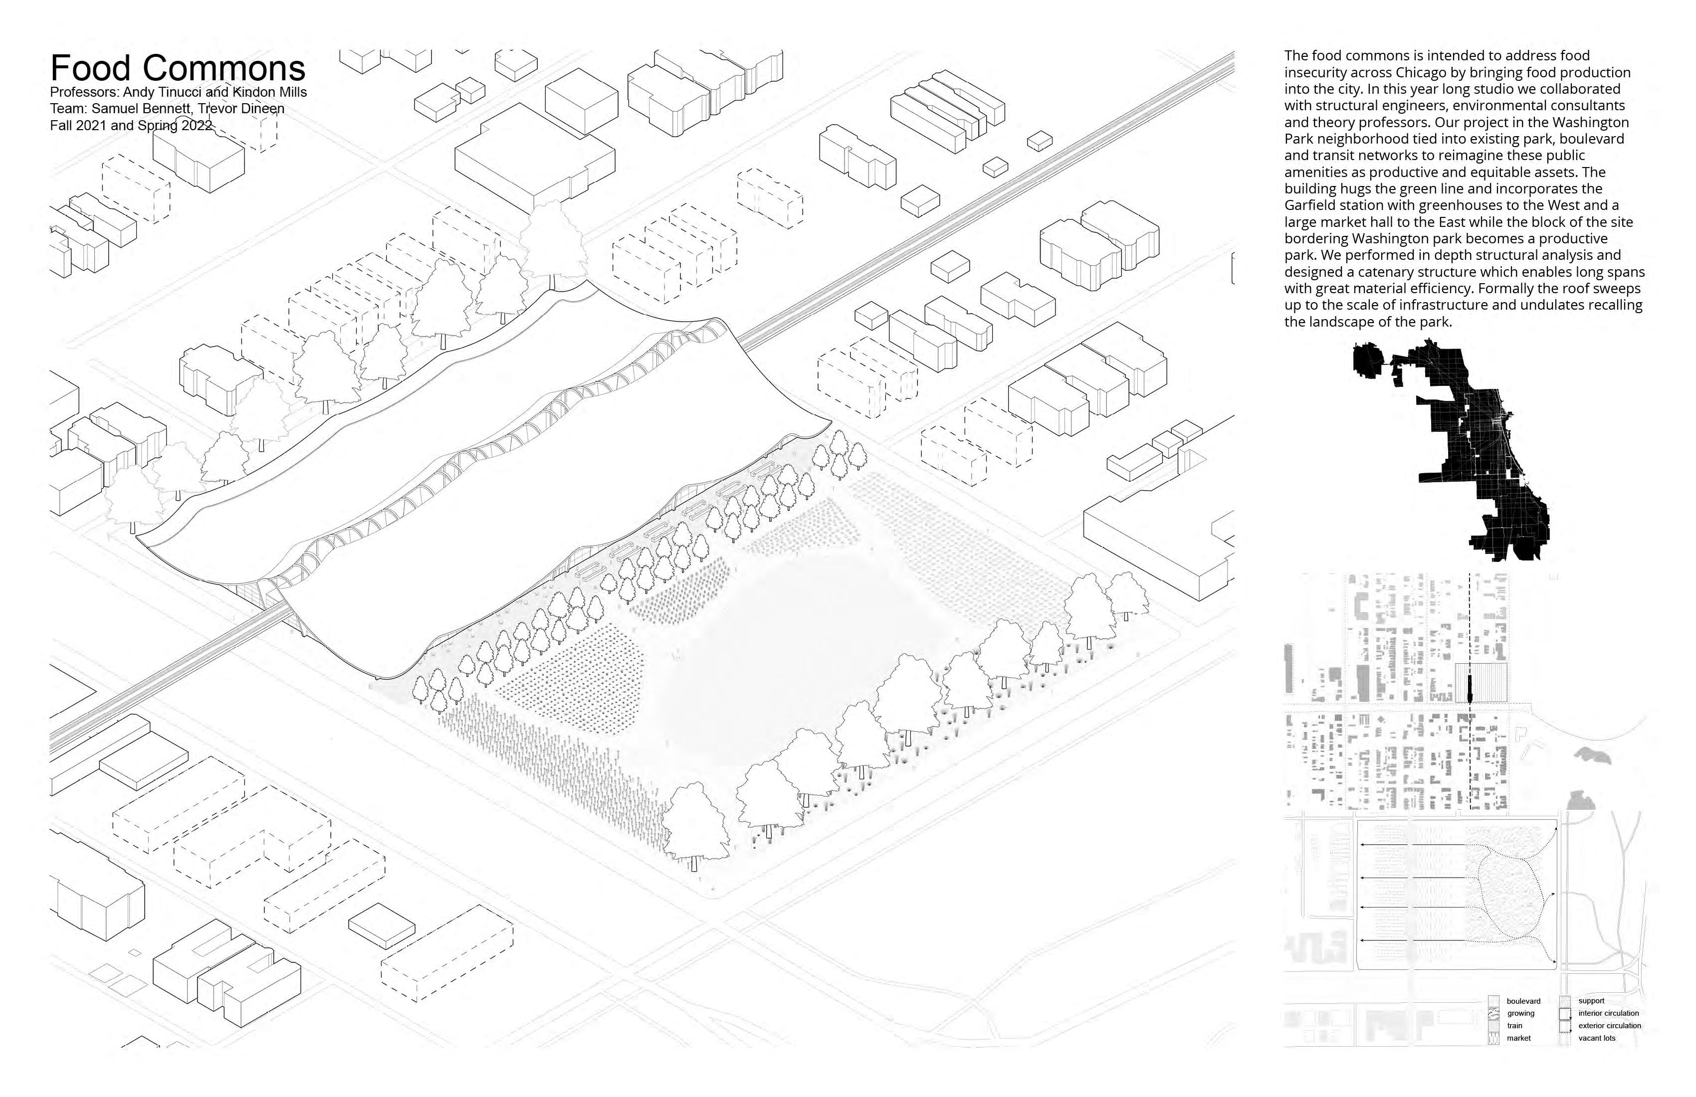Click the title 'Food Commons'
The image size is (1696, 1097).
click(178, 68)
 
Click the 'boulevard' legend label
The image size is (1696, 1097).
click(1523, 1002)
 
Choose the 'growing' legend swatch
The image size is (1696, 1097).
click(1493, 1014)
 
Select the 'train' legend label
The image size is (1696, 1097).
click(1515, 1026)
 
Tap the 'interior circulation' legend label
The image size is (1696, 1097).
click(1608, 1014)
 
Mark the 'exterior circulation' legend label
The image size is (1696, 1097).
click(1609, 1026)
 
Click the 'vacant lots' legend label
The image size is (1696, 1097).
click(1596, 1038)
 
